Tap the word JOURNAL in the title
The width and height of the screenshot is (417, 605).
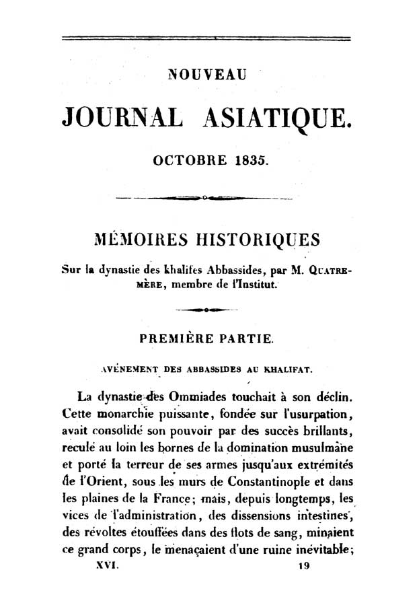(121, 118)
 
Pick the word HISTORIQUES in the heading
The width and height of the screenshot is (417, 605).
(252, 240)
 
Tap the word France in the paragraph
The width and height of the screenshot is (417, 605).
(197, 499)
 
